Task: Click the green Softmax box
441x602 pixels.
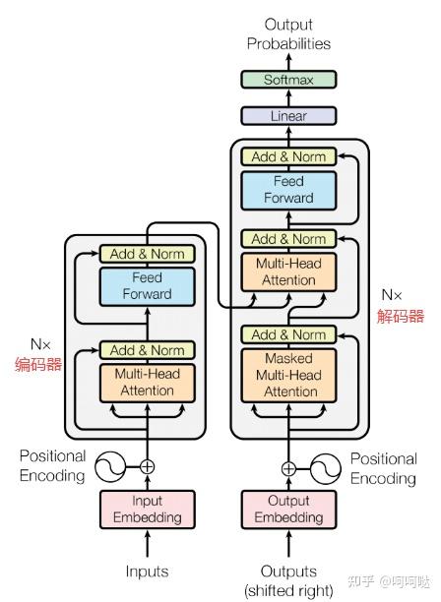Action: coord(288,80)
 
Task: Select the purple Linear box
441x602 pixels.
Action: coord(288,115)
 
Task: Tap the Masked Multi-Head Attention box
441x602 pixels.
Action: coord(288,375)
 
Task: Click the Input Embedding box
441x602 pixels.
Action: coord(148,510)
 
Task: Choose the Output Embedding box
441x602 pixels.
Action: coord(288,510)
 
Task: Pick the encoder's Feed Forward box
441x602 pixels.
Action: coord(148,286)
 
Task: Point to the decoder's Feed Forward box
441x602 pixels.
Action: coord(288,191)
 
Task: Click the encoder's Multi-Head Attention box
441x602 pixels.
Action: coord(148,383)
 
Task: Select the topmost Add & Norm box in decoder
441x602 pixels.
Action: coord(288,156)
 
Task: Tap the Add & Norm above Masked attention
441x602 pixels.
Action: coord(288,334)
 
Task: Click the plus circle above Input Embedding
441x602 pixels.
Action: coord(147,467)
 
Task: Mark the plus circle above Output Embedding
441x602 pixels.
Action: coord(288,469)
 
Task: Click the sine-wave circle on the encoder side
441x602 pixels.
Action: coord(110,467)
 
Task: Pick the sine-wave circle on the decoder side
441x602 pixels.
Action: coord(326,469)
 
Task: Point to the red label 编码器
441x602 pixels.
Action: coord(38,364)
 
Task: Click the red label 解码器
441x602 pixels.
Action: coord(401,316)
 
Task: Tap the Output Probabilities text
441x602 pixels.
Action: coord(288,34)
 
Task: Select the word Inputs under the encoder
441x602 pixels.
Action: coord(147,572)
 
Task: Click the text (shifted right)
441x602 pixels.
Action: coord(288,590)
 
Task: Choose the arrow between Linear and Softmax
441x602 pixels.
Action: coord(288,97)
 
